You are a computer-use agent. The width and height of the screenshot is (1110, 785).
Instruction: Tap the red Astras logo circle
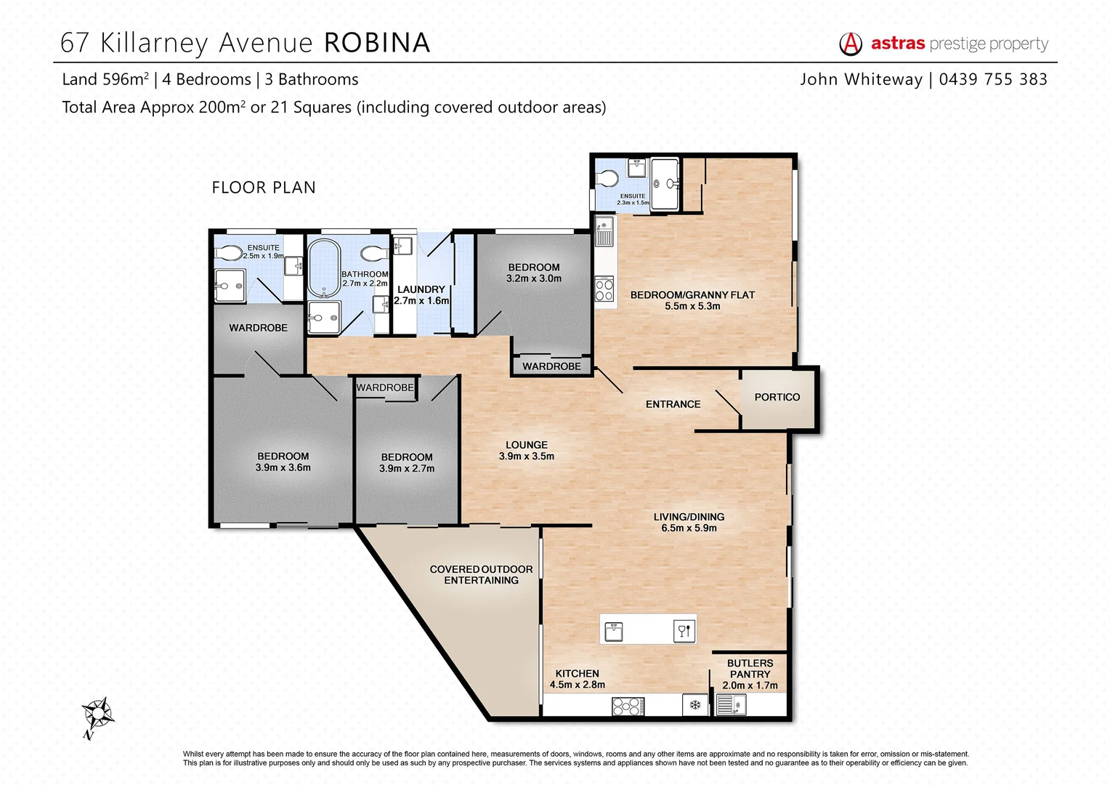(x=850, y=44)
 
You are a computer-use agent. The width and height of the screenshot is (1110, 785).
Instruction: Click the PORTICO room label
(x=777, y=397)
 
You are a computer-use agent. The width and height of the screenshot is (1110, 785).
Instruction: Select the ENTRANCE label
(x=673, y=404)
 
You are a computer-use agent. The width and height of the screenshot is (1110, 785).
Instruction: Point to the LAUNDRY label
(x=421, y=289)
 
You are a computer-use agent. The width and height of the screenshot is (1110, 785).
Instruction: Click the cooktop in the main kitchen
(x=628, y=706)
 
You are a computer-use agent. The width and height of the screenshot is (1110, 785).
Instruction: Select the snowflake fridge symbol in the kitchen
(x=694, y=705)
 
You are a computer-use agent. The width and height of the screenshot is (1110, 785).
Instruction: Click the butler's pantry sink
(x=730, y=705)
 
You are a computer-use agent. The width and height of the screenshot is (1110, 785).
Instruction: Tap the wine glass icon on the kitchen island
(x=683, y=631)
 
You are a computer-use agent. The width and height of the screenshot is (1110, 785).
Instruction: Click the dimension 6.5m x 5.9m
(x=689, y=528)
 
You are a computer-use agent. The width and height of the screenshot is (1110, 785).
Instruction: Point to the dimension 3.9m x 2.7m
(x=407, y=469)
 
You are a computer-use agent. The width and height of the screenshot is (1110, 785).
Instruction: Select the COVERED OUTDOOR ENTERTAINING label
(x=481, y=574)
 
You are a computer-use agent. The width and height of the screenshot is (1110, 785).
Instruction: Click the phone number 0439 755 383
(x=992, y=79)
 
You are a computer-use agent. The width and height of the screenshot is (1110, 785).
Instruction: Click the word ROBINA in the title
(x=376, y=43)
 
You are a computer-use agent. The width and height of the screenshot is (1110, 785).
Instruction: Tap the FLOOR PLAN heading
(x=264, y=188)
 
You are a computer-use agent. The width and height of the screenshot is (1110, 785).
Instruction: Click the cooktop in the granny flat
(x=604, y=290)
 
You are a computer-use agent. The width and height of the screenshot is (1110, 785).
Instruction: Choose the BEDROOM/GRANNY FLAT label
(x=692, y=295)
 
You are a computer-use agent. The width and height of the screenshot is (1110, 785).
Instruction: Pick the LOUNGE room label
(x=527, y=445)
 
